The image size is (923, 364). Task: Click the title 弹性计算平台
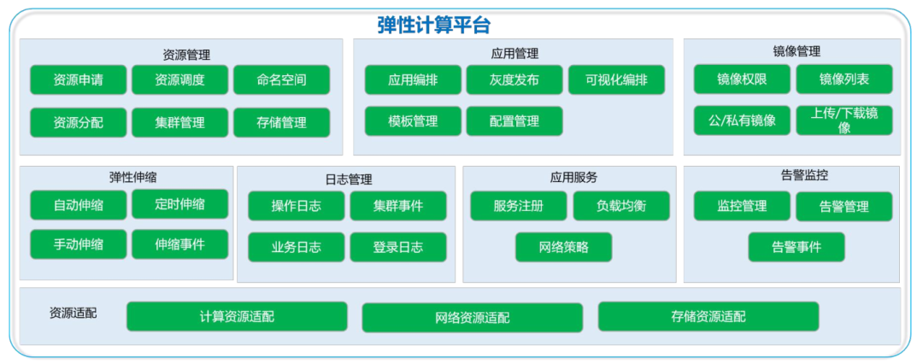pos(435,26)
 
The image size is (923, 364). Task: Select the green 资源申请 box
pos(78,80)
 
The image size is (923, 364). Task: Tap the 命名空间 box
pos(281,80)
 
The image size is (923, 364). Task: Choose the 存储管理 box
pos(281,122)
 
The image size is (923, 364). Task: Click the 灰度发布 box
pos(514,80)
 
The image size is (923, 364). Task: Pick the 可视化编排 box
pos(616,80)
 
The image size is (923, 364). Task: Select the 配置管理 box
pos(514,121)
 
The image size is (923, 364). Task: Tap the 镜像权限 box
pos(742,79)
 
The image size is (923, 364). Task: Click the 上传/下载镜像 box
pos(844,120)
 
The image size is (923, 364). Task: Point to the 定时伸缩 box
pos(179,204)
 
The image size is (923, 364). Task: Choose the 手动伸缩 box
pos(78,244)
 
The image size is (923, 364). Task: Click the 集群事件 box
pos(398,206)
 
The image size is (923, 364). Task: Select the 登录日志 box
pos(398,247)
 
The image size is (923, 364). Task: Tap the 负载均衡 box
pos(621,206)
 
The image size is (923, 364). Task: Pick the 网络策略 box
pos(564,247)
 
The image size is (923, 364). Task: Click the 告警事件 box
pos(797,247)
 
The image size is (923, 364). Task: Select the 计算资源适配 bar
pos(237,316)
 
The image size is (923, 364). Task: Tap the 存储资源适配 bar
pos(708,316)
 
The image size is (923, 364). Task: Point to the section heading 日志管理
pos(349,179)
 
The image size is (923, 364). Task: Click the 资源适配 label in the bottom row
pos(73,313)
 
